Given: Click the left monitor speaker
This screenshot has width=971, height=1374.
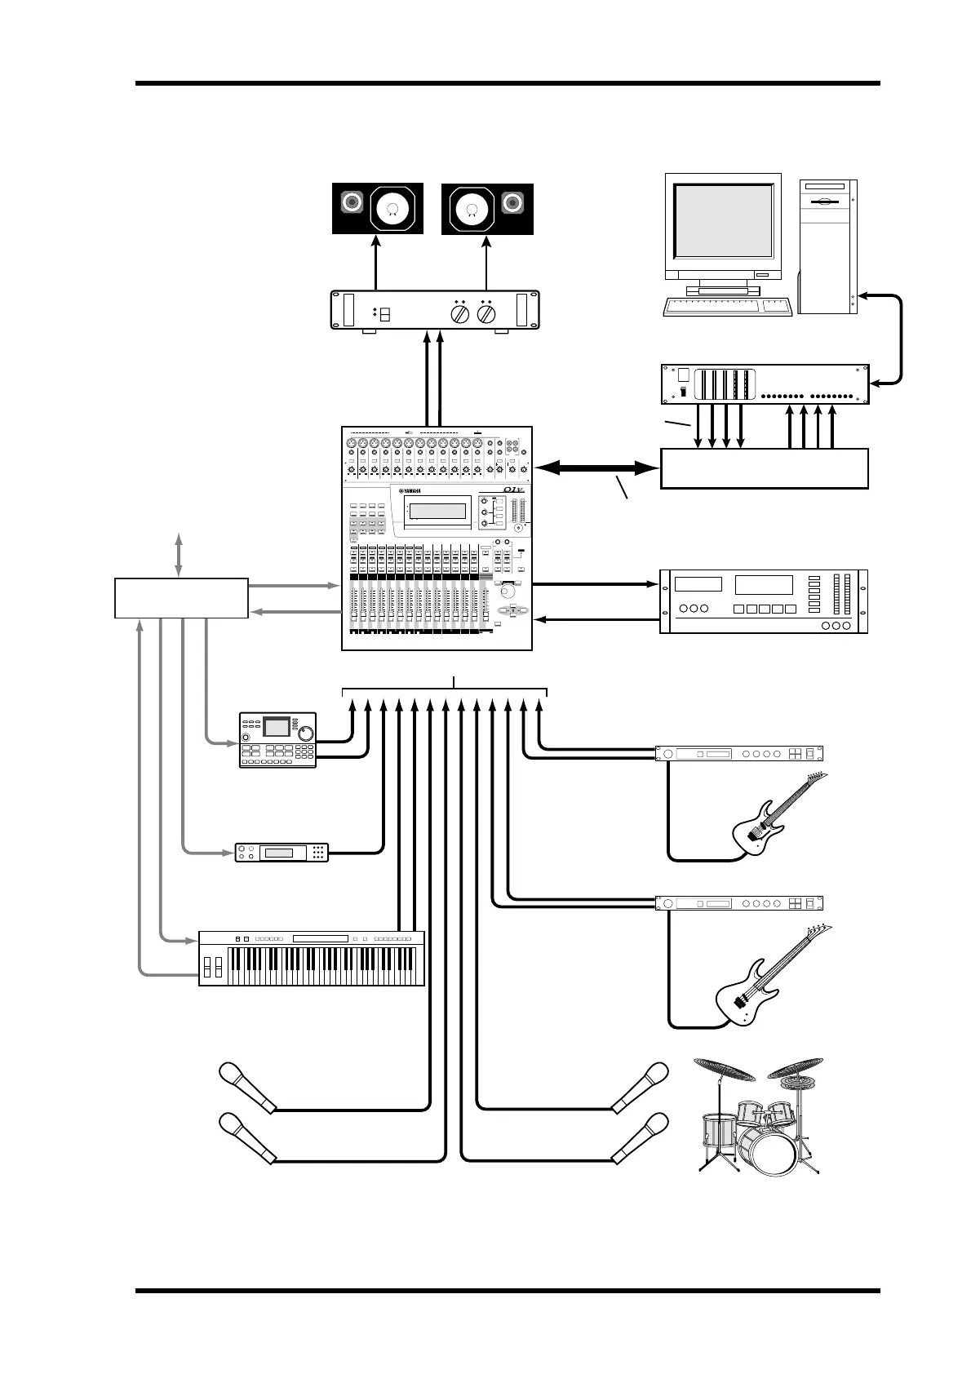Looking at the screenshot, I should [x=377, y=209].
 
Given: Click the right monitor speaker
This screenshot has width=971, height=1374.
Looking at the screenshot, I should [x=487, y=209].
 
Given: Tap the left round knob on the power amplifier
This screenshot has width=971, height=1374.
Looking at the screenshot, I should [x=459, y=314].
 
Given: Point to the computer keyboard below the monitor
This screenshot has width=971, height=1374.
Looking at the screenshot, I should [x=728, y=306].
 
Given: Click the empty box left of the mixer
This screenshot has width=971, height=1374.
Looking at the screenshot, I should [x=181, y=597].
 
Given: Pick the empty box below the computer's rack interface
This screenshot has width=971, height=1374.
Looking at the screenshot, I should [x=764, y=468].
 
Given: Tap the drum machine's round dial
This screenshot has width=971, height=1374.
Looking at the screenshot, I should [x=307, y=732].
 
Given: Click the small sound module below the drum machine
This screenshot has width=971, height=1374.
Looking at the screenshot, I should [x=282, y=853].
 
